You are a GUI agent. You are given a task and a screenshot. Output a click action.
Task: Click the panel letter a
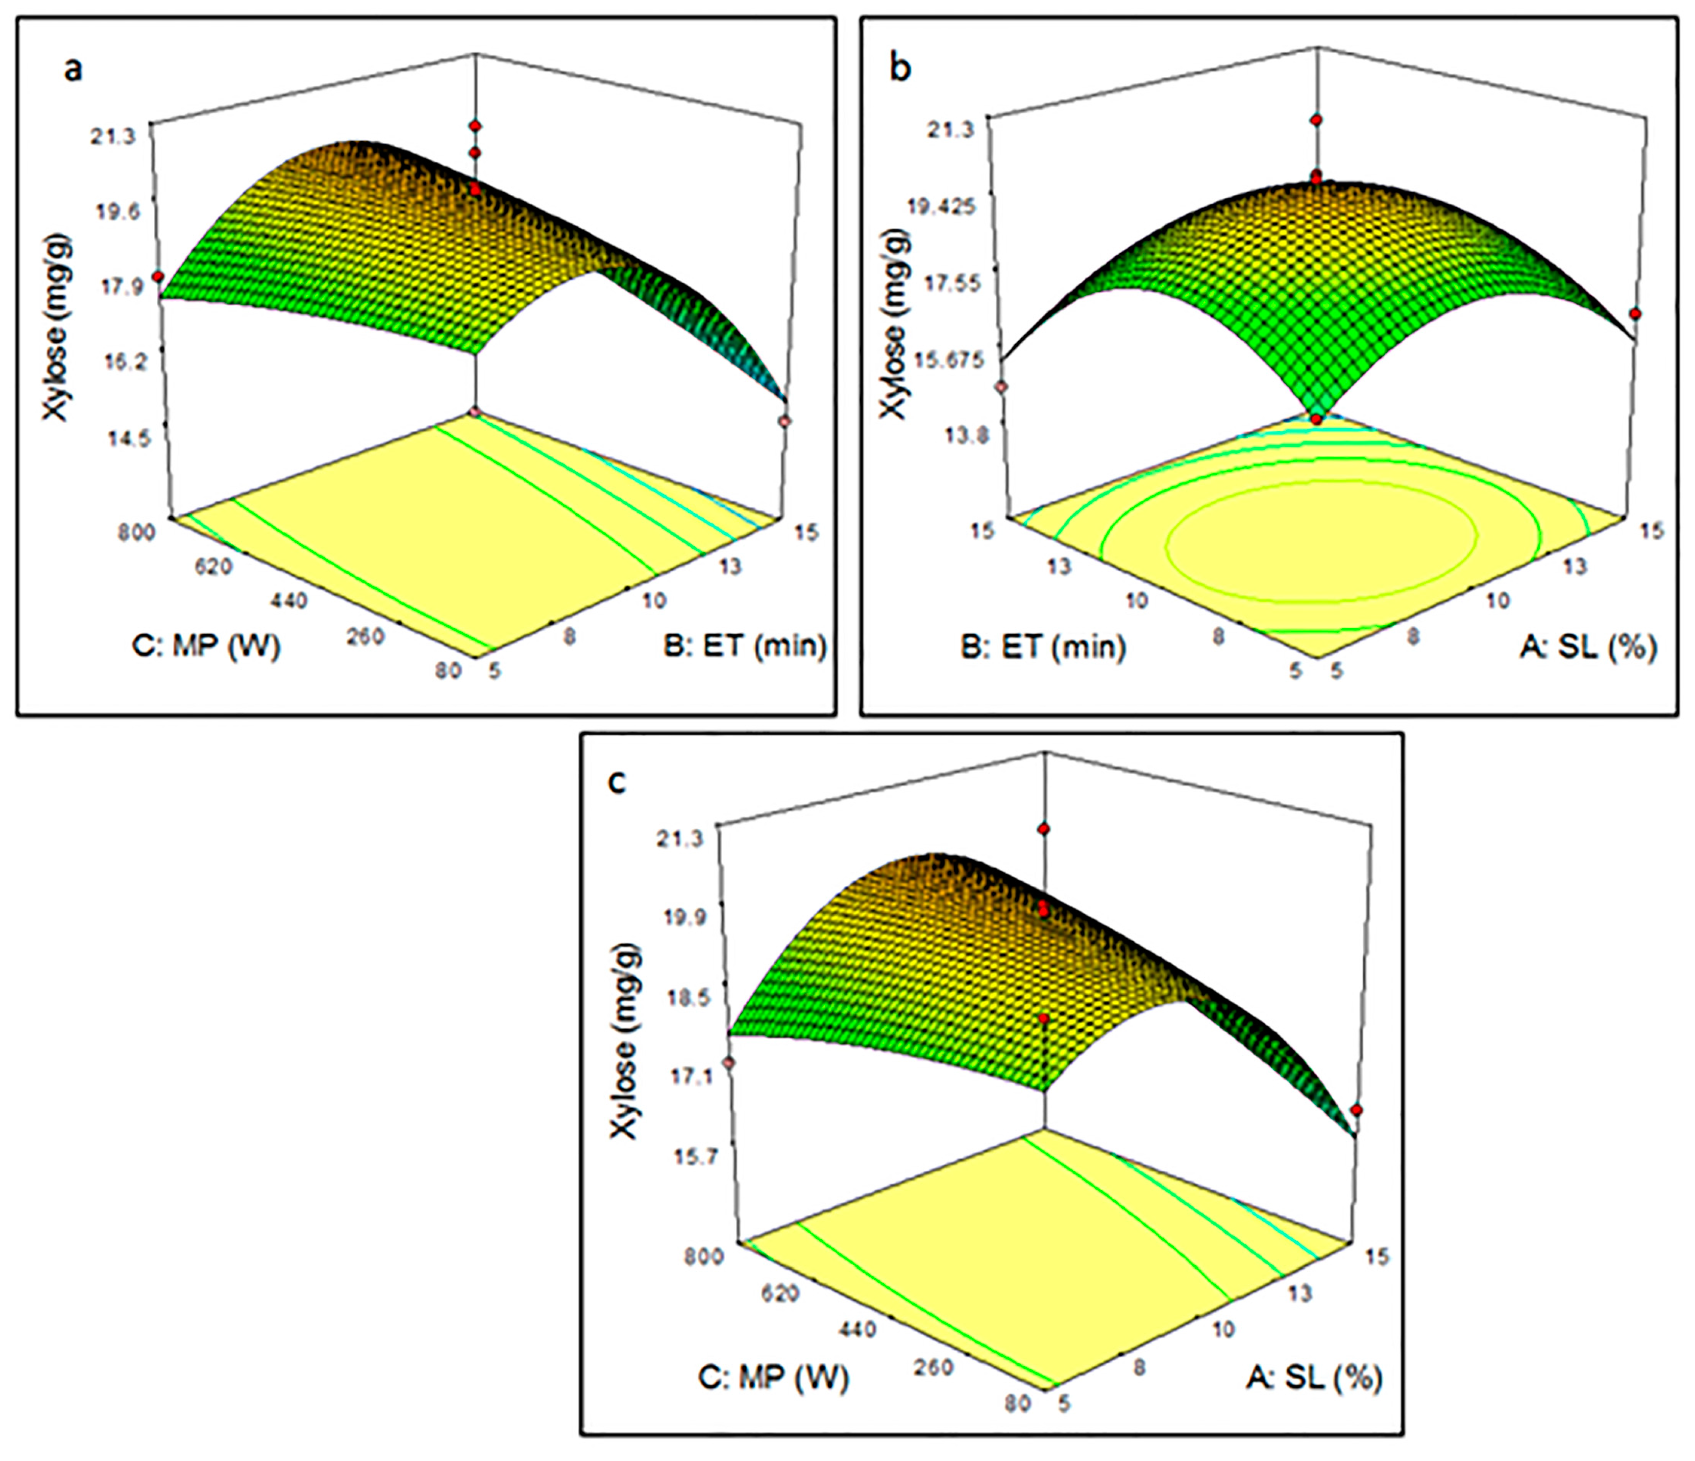tap(74, 70)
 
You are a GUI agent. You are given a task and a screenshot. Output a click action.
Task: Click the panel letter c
tap(618, 783)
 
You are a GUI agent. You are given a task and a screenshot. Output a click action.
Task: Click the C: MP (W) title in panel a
tap(205, 646)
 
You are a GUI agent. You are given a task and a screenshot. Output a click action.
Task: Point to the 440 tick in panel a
tap(288, 601)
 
